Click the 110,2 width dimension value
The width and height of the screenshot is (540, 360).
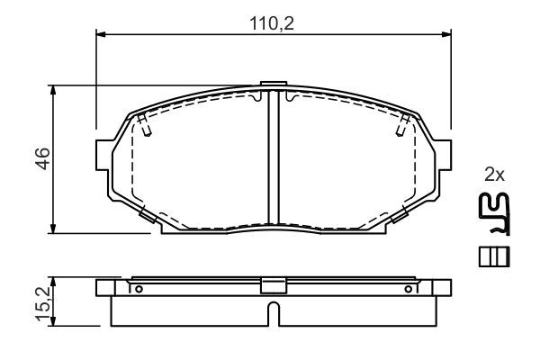point(272,23)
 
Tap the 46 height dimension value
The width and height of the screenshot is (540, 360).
point(44,158)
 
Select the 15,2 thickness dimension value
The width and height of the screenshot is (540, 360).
point(44,304)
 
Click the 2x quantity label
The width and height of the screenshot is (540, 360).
point(494,175)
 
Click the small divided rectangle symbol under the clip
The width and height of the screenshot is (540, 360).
point(494,256)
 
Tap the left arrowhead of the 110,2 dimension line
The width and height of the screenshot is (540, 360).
point(100,34)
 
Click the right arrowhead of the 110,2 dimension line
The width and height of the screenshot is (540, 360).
point(446,34)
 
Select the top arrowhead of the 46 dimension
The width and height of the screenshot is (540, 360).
point(53,90)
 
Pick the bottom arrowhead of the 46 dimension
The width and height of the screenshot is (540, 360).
point(53,229)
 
